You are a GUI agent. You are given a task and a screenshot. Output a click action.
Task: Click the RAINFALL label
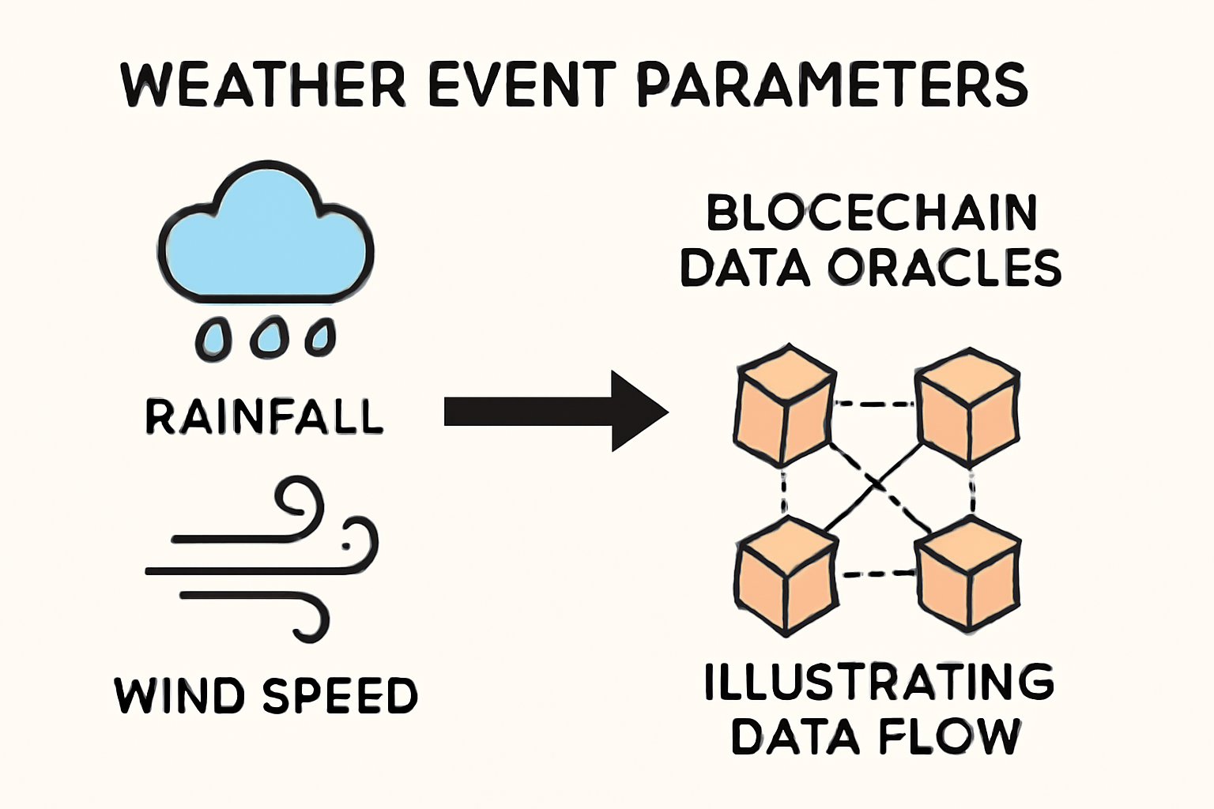click(x=264, y=416)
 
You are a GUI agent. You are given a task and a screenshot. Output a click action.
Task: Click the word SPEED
click(x=340, y=695)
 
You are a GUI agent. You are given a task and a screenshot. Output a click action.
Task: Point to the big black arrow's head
click(x=637, y=412)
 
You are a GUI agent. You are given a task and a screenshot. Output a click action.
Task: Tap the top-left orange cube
click(x=783, y=404)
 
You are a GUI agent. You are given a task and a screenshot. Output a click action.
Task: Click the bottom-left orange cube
click(x=785, y=575)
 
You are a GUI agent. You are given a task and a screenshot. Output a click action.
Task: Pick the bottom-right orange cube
click(x=968, y=575)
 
